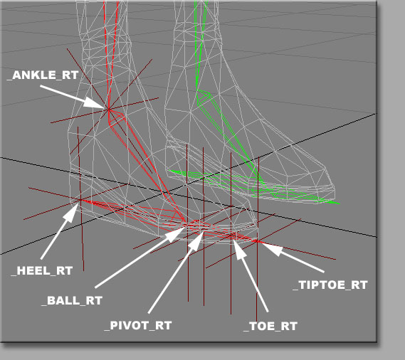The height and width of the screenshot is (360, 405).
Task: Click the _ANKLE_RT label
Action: pyautogui.click(x=43, y=75)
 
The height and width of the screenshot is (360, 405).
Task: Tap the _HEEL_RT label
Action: pyautogui.click(x=42, y=271)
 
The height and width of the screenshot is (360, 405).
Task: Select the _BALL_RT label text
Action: pyautogui.click(x=72, y=301)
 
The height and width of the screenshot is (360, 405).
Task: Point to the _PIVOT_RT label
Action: pyautogui.click(x=138, y=325)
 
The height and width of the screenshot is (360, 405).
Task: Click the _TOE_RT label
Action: pyautogui.click(x=270, y=326)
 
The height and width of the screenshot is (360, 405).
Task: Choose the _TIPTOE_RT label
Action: pyautogui.click(x=330, y=285)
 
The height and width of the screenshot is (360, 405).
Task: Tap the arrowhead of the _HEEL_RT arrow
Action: pyautogui.click(x=73, y=212)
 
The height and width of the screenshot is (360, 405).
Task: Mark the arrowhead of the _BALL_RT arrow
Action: pyautogui.click(x=177, y=233)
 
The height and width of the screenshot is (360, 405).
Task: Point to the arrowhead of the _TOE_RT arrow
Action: pyautogui.click(x=239, y=249)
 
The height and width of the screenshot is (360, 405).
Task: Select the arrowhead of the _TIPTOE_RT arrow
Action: pyautogui.click(x=271, y=248)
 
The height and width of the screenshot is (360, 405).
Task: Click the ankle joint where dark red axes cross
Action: pyautogui.click(x=108, y=110)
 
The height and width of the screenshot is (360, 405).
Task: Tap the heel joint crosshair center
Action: pyautogui.click(x=80, y=200)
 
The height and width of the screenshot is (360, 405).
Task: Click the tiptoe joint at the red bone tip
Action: pyautogui.click(x=257, y=241)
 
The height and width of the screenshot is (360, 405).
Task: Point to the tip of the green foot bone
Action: pyautogui.click(x=339, y=203)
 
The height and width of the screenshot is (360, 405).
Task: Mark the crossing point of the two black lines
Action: pyautogui.click(x=163, y=192)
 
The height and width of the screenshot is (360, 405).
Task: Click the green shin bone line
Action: pyautogui.click(x=199, y=44)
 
